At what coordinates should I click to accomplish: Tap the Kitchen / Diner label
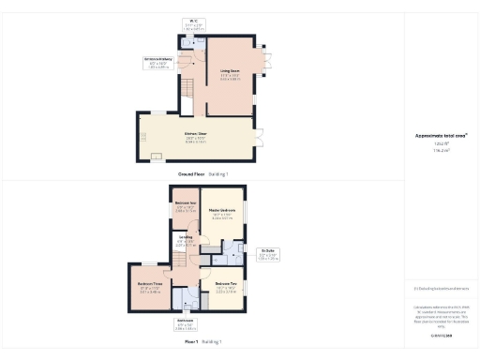194,139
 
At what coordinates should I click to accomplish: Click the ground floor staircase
187,91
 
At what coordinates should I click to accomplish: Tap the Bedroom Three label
151,286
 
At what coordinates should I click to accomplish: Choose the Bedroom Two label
227,286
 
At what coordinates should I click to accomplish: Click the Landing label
186,241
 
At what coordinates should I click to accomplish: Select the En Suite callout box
269,254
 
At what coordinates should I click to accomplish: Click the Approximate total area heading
441,137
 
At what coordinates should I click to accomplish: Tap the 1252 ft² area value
441,144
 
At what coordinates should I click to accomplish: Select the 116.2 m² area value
441,151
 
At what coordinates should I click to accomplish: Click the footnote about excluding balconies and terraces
441,290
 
